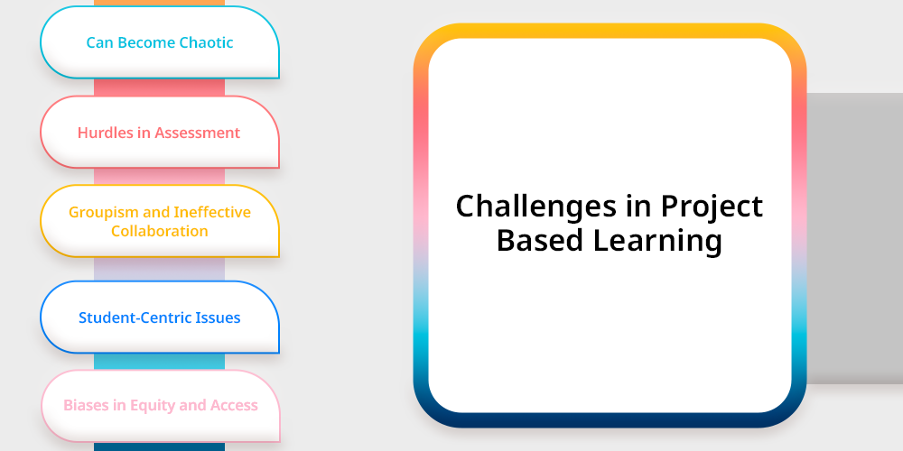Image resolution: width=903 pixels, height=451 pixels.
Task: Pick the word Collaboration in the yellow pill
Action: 160,231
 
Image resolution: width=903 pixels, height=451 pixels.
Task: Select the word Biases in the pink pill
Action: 87,405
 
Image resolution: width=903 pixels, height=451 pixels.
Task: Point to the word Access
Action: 234,405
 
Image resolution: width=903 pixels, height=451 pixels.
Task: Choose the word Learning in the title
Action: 657,242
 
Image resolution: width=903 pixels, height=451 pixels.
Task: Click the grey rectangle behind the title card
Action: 854,238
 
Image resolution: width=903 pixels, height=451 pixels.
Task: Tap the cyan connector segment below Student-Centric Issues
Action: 160,362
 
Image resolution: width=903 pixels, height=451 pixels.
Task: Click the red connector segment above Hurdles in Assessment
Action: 160,87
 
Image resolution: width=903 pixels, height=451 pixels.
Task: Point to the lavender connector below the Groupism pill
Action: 160,269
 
